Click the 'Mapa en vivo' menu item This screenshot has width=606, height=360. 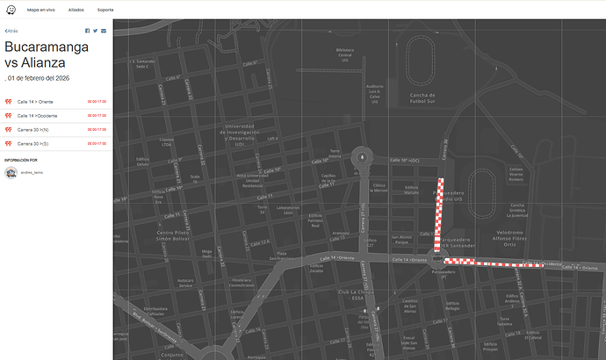pos(40,9)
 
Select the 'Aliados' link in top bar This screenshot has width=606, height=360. pos(76,9)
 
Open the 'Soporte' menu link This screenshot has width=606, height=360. pos(105,9)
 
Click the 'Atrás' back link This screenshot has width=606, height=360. pos(11,31)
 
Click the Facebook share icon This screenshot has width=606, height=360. pos(87,31)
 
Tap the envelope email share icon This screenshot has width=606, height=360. pos(104,31)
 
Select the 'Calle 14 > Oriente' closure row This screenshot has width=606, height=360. pos(35,102)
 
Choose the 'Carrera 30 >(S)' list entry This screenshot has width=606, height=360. pos(33,143)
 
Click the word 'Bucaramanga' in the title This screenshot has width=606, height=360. pos(47,47)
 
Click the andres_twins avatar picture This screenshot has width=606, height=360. pos(11,174)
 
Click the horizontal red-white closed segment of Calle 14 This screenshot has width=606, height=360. pos(492,263)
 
